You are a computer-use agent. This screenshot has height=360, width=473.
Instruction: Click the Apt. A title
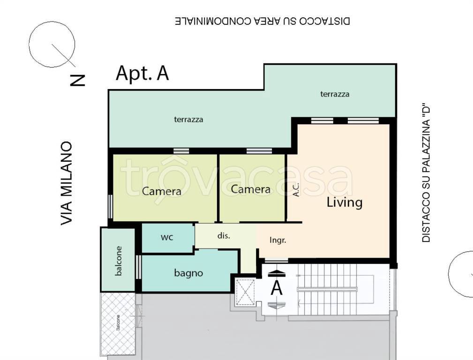[142, 73]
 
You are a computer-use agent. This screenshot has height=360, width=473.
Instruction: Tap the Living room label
[345, 202]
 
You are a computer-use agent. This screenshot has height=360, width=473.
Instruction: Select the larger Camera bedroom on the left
[165, 187]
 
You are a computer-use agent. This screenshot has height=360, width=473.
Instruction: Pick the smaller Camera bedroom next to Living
[252, 187]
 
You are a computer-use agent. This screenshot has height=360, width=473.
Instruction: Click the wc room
[167, 238]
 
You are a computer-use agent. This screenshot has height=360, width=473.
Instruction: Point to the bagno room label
[188, 273]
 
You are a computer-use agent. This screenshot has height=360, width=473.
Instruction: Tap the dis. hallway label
[224, 236]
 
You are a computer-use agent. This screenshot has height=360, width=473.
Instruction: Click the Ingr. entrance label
[278, 240]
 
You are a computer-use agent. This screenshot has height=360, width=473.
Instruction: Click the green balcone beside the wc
[118, 260]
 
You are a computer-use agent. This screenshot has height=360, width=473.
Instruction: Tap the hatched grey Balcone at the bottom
[118, 324]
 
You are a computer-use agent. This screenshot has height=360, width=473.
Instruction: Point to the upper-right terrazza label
[335, 94]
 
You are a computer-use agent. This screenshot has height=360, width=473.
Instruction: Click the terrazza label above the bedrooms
[188, 120]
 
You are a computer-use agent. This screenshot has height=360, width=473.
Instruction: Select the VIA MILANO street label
[67, 183]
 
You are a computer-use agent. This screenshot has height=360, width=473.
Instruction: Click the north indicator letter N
[77, 80]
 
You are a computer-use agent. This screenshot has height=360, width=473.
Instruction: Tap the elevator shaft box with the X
[245, 292]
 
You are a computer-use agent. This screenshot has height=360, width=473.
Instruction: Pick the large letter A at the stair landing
[277, 288]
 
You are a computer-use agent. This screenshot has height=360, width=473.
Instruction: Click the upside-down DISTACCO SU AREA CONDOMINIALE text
[263, 21]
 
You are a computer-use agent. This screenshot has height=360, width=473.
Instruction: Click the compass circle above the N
[52, 45]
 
